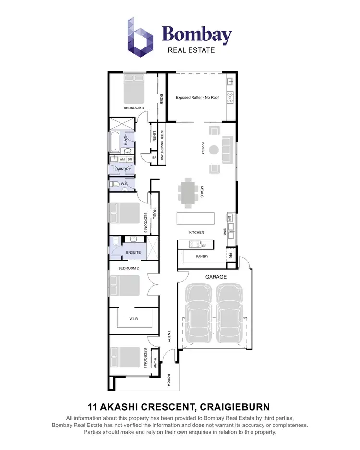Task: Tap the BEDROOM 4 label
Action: (133, 108)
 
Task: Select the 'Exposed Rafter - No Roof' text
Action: (197, 97)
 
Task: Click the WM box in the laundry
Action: (122, 159)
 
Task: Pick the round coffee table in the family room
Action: (214, 149)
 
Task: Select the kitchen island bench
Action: (197, 218)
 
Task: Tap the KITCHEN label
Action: (196, 233)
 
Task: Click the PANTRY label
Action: (202, 257)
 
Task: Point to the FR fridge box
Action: (231, 255)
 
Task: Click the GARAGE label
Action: (216, 277)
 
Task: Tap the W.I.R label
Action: (133, 318)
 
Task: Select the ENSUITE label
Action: (133, 252)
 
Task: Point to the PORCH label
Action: (169, 379)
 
